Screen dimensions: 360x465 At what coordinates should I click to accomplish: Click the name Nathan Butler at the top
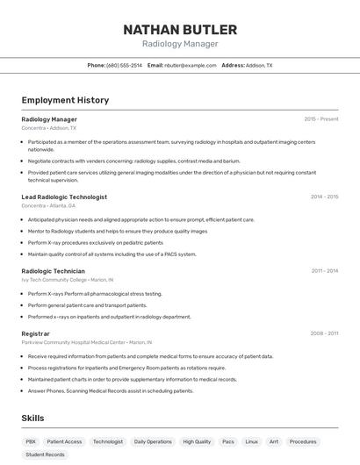[x=180, y=29]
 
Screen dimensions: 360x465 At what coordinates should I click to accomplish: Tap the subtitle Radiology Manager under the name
[x=180, y=44]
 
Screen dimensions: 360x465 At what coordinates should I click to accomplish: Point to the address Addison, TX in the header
[x=259, y=65]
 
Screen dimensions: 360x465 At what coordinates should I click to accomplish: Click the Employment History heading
[x=65, y=100]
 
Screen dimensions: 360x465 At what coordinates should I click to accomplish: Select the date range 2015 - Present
[x=320, y=118]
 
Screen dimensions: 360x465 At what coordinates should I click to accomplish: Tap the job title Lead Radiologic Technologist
[x=64, y=197]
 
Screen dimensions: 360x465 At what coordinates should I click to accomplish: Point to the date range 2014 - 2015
[x=324, y=197]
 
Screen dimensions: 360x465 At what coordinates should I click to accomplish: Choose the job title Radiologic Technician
[x=54, y=271]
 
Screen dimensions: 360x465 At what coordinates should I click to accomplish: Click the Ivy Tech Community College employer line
[x=66, y=279]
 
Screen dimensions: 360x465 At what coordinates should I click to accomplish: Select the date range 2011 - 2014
[x=324, y=271]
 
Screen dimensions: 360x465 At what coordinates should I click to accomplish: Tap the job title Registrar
[x=35, y=333]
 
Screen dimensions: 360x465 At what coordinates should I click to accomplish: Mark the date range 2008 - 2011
[x=324, y=333]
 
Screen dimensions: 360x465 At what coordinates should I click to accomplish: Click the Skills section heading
[x=32, y=418]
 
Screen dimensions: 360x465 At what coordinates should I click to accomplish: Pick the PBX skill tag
[x=31, y=441]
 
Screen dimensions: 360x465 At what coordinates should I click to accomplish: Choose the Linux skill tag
[x=252, y=441]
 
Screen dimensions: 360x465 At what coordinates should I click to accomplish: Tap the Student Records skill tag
[x=45, y=454]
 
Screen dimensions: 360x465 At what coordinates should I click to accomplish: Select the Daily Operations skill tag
[x=153, y=441]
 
